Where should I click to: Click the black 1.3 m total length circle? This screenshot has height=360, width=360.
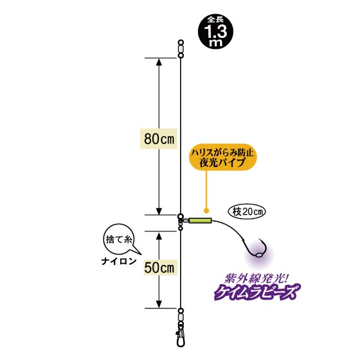[x=215, y=32]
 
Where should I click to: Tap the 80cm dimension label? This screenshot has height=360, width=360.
[x=159, y=139]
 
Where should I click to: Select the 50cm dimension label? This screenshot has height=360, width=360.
[x=159, y=267]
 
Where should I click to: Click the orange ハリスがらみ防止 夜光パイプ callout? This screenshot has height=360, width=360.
[x=222, y=157]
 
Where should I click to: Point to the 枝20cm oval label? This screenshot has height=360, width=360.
[x=247, y=212]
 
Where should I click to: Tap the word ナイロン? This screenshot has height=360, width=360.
[x=119, y=261]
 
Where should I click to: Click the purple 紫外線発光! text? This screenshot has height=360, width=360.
[x=256, y=279]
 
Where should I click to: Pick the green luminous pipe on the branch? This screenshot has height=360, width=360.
[x=200, y=221]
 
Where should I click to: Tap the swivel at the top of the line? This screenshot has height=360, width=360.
[x=181, y=49]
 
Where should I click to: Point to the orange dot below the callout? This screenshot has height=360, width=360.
[x=206, y=210]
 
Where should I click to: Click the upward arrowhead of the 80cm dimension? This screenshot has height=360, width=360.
[x=159, y=62]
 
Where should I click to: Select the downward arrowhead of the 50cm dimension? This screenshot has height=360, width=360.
[x=159, y=304]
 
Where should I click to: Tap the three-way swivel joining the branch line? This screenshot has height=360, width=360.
[x=181, y=222]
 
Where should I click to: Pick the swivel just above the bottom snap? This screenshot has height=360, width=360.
[x=181, y=318]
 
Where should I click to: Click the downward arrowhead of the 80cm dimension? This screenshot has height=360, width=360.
[x=159, y=211]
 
